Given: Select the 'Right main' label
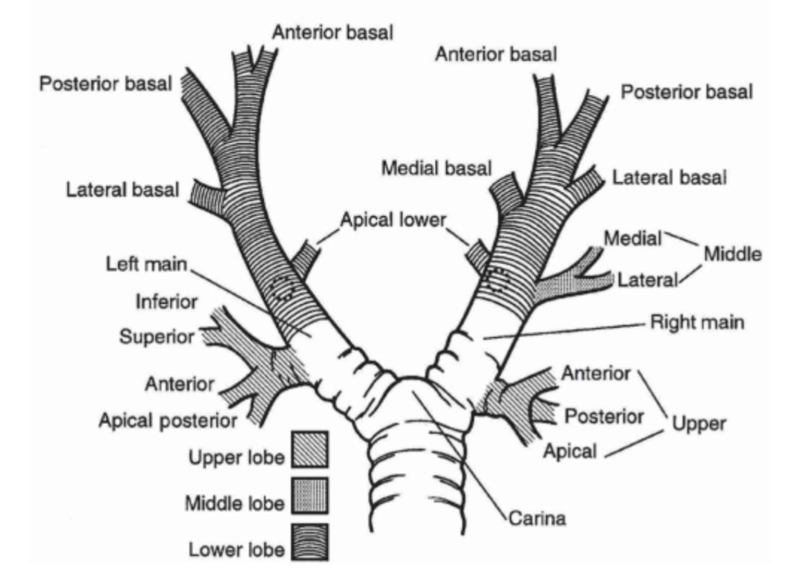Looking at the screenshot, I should tap(697, 323).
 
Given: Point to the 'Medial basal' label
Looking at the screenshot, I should tap(436, 168).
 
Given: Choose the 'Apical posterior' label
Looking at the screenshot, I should tap(167, 420).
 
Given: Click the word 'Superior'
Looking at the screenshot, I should tap(156, 337).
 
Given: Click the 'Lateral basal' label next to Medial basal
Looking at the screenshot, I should tap(669, 178).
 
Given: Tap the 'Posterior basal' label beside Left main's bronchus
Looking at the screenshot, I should tap(105, 84).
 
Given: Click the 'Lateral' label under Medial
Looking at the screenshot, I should tap(647, 280).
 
